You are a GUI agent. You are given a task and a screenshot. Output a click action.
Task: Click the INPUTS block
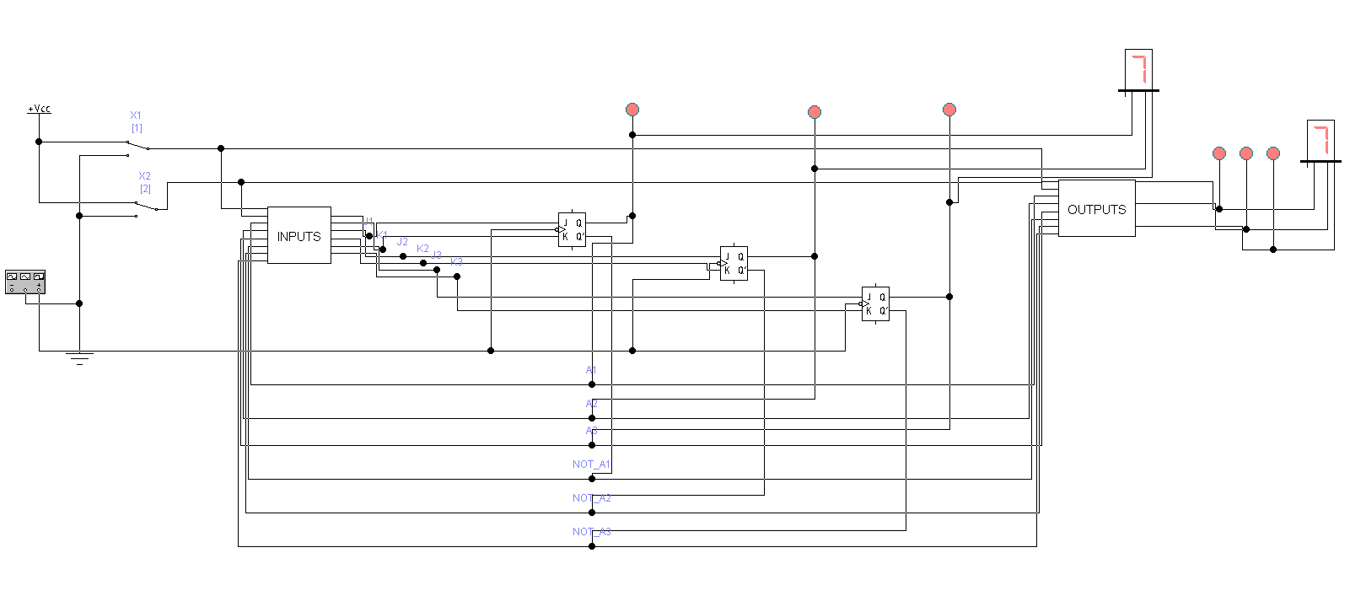298,235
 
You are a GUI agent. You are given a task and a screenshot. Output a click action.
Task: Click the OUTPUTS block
1096,208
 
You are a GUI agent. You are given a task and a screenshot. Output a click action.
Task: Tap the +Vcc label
39,109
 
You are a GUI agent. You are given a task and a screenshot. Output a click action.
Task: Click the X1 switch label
136,115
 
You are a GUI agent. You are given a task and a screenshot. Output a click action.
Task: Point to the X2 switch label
145,176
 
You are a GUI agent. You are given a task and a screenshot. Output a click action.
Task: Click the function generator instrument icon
25,282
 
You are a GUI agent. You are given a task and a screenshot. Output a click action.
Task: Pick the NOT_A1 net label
590,464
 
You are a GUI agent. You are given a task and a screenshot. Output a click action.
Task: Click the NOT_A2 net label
591,498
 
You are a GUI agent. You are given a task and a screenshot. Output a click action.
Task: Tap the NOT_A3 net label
591,532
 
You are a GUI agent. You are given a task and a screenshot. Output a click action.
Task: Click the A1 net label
591,370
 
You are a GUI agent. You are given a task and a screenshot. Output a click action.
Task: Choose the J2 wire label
402,242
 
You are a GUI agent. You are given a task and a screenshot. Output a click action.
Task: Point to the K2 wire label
422,249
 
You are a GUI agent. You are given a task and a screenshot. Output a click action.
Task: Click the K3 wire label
456,262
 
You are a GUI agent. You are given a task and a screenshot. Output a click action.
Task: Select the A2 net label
591,404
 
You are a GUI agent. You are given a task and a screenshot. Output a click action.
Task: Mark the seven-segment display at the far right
1320,139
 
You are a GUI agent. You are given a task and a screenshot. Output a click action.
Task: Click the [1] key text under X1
137,128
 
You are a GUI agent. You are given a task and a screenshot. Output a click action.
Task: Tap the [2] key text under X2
145,189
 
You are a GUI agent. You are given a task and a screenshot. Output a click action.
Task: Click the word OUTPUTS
1096,209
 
